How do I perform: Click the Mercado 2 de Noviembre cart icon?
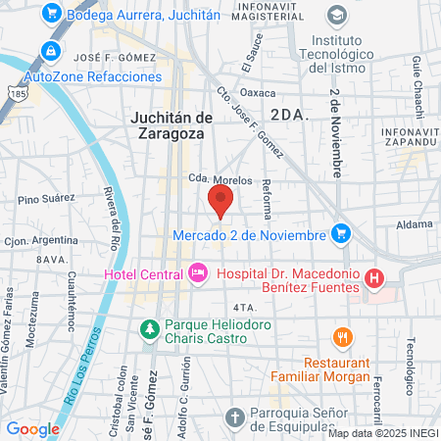[340, 233]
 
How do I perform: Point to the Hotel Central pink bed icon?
[198, 272]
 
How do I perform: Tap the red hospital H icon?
[372, 279]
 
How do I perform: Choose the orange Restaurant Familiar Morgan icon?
[341, 336]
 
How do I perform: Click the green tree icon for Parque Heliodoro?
[150, 328]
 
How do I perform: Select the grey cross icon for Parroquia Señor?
[234, 417]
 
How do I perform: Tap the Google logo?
[32, 428]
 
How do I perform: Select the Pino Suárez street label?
[46, 199]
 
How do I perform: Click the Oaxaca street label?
[259, 93]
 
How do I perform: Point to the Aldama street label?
[415, 223]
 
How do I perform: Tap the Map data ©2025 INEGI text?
[382, 433]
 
